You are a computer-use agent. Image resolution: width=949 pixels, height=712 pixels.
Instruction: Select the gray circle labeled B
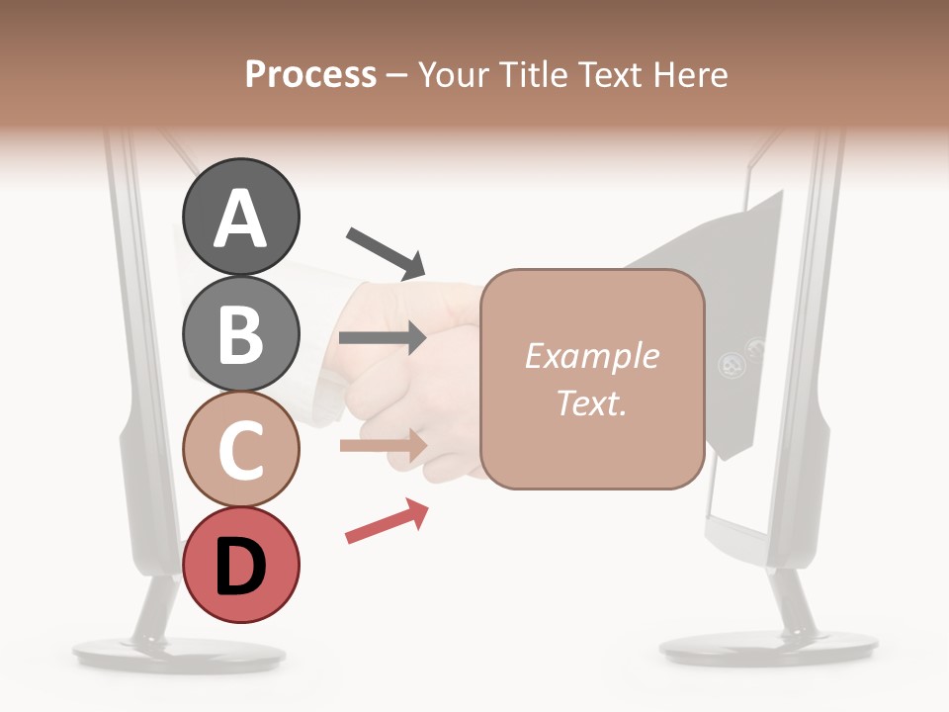pos(241,333)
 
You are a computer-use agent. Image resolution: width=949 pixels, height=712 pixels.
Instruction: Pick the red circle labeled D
pos(241,565)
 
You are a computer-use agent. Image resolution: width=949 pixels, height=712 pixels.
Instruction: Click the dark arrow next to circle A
pos(386,253)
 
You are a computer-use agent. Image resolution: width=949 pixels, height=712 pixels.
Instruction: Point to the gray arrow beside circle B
pos(382,338)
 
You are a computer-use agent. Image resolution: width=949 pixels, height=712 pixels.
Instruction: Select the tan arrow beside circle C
pos(383,446)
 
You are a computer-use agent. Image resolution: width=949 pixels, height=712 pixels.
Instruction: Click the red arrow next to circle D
pos(388,521)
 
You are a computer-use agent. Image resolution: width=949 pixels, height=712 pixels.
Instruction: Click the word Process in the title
pos(310,74)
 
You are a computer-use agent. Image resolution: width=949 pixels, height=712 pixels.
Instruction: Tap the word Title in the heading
pos(530,74)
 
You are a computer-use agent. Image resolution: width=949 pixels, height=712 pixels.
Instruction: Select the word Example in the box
pos(591,356)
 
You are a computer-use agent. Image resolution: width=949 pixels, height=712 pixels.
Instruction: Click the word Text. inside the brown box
pos(591,402)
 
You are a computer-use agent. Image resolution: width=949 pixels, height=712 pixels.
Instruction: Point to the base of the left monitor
pos(151,653)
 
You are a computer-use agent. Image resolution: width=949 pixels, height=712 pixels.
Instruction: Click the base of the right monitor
pos(768,648)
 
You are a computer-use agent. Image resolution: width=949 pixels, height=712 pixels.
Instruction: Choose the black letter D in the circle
pos(241,568)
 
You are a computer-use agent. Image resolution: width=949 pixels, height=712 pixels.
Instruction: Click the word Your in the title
pos(451,74)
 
